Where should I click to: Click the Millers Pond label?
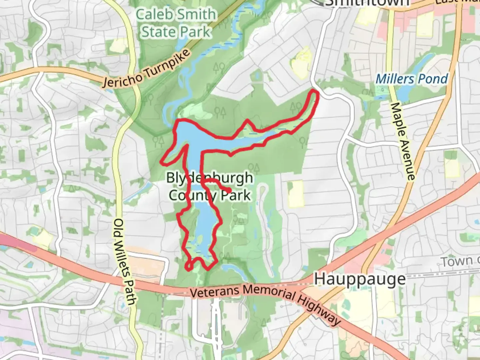[x=412, y=79]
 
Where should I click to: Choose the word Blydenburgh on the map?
[x=209, y=178]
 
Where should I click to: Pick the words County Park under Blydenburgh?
[x=209, y=195]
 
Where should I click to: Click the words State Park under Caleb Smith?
[x=176, y=32]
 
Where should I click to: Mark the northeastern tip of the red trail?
[x=315, y=92]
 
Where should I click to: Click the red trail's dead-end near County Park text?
[x=230, y=190]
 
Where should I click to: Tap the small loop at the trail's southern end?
[x=189, y=266]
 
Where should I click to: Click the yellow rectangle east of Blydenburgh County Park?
[x=295, y=194]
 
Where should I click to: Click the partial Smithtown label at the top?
[x=367, y=3]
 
